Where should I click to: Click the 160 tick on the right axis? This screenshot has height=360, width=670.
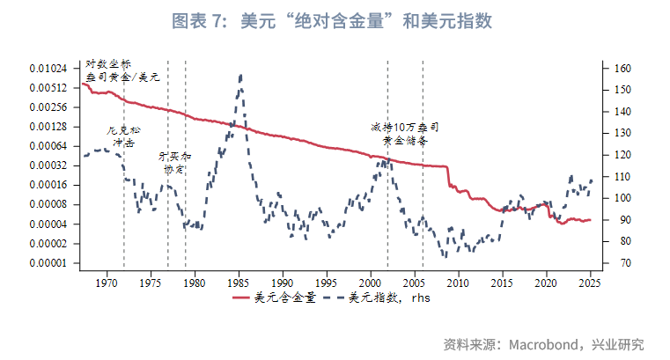pos(620,69)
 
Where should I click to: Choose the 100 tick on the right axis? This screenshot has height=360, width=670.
pos(620,198)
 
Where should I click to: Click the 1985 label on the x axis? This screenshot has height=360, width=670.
pos(239,283)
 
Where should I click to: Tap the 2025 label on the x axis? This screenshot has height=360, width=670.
pos(590,283)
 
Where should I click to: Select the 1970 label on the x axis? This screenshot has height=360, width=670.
pos(107,283)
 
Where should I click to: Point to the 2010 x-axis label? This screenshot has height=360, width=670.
pos(458,283)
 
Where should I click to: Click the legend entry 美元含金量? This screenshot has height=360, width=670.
pos(275,298)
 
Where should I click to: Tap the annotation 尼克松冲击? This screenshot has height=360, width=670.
pos(123,136)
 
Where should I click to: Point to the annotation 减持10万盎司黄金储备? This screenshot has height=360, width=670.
pos(405,134)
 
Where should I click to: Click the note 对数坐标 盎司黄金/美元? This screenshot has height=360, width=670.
pos(121,71)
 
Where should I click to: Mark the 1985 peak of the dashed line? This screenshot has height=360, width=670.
pos(240,77)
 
